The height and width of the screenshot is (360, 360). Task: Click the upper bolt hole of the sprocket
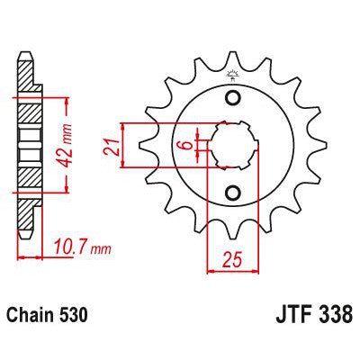point(233,98)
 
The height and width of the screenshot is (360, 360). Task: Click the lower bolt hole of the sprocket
point(233,192)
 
